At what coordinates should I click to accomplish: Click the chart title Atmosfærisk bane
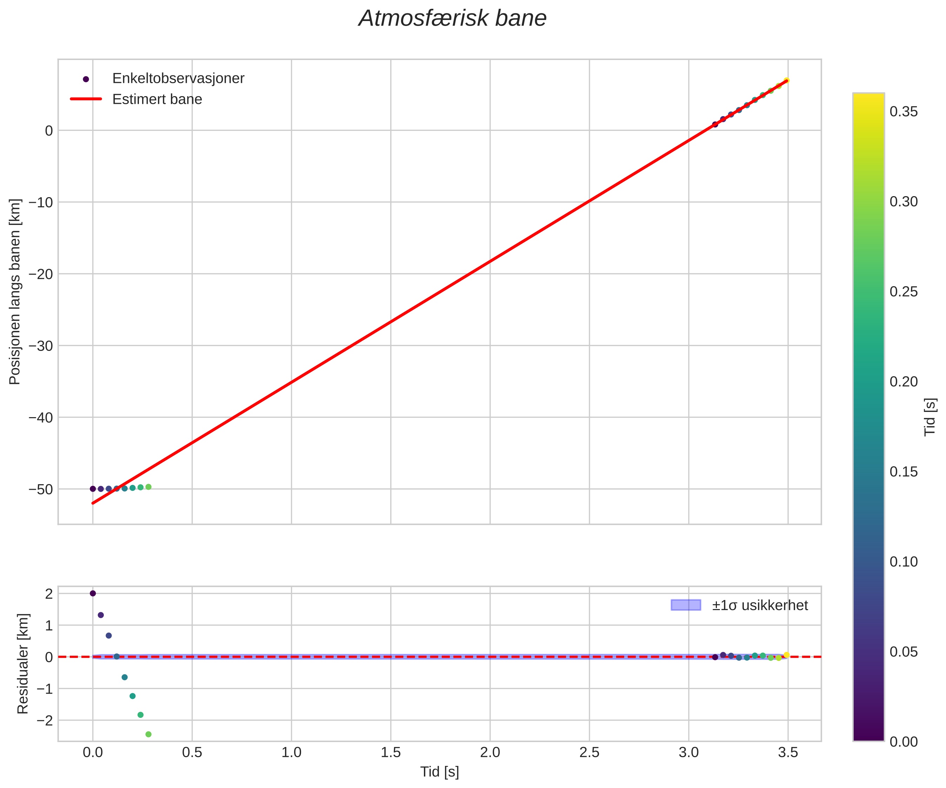coord(452,19)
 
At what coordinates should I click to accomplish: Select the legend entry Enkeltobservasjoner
coord(178,78)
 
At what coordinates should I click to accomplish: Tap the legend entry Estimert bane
coord(157,99)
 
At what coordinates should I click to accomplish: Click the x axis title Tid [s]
coord(440,772)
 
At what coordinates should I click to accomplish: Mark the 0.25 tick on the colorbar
coord(904,292)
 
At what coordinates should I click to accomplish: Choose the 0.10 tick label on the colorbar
coord(904,561)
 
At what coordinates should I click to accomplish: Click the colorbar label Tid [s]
coord(930,417)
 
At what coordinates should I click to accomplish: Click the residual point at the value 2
coord(93,593)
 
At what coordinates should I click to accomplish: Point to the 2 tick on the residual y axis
coord(49,593)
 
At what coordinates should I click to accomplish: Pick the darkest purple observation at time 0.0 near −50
coord(93,489)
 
